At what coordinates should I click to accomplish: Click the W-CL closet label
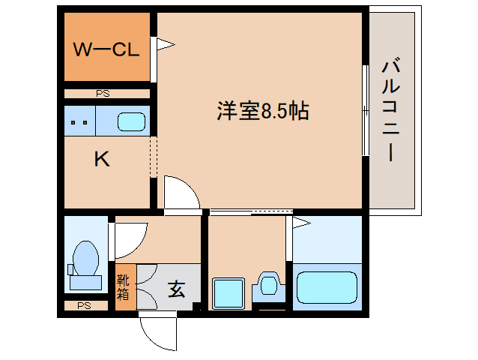(x=105, y=51)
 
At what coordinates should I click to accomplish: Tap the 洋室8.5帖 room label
(x=263, y=112)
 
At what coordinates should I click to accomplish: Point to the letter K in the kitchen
(x=102, y=159)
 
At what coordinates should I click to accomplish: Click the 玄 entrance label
(x=175, y=288)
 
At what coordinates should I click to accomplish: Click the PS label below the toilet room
(x=83, y=306)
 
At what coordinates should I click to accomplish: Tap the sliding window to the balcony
(x=365, y=110)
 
